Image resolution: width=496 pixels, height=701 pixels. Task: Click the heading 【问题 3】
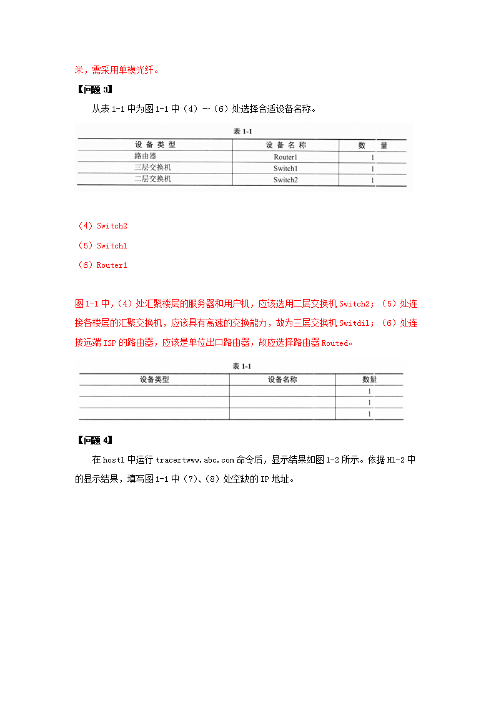click(94, 89)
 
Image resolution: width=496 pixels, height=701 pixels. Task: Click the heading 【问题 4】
click(94, 440)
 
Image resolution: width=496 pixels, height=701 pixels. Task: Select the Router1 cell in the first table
click(285, 157)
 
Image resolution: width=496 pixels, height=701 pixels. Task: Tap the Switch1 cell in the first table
click(285, 169)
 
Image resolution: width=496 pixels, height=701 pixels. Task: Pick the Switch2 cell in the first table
click(285, 180)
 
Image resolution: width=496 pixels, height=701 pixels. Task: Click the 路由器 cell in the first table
click(146, 156)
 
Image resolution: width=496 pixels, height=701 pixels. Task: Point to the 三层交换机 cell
click(153, 168)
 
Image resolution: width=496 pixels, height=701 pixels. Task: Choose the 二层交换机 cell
click(153, 179)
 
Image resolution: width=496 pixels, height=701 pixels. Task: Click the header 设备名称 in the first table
click(285, 145)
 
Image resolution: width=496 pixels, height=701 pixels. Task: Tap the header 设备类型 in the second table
click(154, 379)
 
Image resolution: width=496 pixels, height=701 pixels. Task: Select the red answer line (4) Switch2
click(102, 226)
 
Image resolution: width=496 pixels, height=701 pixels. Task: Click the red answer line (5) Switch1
click(102, 246)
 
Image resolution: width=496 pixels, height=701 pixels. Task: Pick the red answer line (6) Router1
click(102, 265)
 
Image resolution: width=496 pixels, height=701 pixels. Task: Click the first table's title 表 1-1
click(242, 132)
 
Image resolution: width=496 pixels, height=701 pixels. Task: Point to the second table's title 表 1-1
click(241, 366)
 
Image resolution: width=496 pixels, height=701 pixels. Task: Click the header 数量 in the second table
click(369, 379)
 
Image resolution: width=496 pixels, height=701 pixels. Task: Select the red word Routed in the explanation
click(336, 343)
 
